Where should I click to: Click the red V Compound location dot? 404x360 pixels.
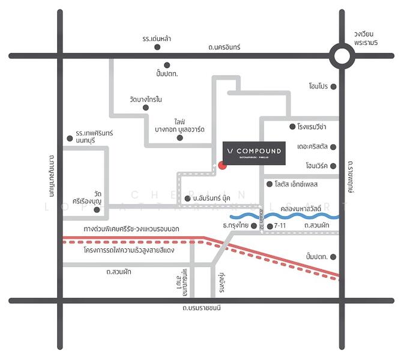click(x=222, y=166)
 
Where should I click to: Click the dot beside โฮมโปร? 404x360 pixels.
click(x=334, y=86)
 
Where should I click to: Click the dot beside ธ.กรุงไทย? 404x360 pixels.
click(x=253, y=226)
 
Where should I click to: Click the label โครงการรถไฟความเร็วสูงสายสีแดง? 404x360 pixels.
click(x=130, y=250)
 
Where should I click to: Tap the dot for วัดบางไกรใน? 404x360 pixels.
click(x=145, y=108)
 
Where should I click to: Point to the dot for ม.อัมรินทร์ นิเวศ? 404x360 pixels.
click(x=187, y=198)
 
